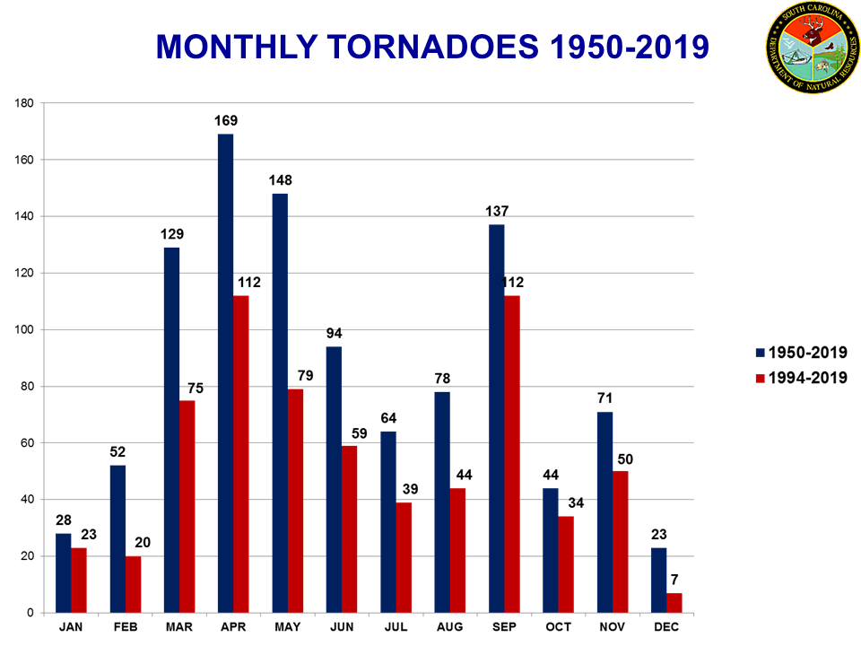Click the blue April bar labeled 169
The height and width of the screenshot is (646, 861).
click(225, 373)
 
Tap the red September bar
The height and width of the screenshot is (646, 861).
click(511, 454)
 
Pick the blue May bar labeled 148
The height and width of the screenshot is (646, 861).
click(280, 403)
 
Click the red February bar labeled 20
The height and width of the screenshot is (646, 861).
click(133, 584)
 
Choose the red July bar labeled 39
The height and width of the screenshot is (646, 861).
click(404, 557)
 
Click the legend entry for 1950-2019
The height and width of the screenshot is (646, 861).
click(801, 353)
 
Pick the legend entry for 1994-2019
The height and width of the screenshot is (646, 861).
click(801, 378)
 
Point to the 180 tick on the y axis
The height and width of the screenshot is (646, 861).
click(24, 104)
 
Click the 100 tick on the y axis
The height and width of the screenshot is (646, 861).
click(24, 330)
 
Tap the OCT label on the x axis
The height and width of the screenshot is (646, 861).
click(558, 626)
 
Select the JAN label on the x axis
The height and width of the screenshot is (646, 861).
click(72, 626)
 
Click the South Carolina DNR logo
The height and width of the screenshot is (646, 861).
click(813, 47)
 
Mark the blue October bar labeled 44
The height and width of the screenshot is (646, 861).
click(550, 550)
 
